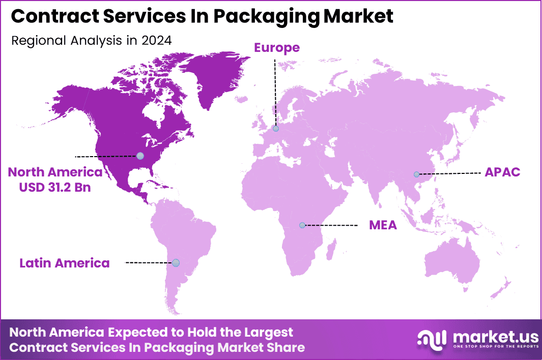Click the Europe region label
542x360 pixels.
277,48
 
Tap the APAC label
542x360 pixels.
502,172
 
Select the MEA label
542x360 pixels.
383,225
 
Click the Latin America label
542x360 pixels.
65,263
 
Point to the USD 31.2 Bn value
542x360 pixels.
55,187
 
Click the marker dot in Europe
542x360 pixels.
276,129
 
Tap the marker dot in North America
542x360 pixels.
140,156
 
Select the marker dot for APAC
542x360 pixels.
417,174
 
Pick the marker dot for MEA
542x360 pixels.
302,225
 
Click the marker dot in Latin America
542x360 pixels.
176,263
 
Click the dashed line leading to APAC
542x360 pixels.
450,173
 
